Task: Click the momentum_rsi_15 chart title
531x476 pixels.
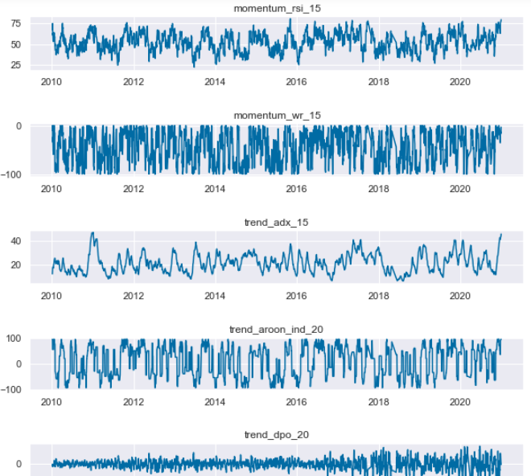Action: pos(277,8)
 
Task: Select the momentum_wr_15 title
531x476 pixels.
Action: pos(277,116)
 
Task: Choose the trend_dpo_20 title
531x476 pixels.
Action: pos(277,435)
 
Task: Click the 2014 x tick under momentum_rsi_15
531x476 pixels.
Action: pos(215,82)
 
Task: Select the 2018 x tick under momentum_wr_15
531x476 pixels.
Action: pos(378,189)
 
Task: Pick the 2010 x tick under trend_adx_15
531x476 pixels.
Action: pos(51,296)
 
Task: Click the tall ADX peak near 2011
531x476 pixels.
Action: pos(93,234)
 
